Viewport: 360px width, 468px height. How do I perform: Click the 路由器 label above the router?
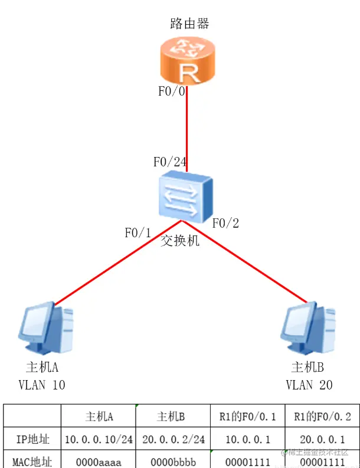pyautogui.click(x=189, y=24)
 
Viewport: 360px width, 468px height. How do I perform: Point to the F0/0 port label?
pyautogui.click(x=172, y=91)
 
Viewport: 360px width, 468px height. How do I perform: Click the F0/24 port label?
pyautogui.click(x=170, y=162)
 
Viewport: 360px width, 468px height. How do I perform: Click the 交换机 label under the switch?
pyautogui.click(x=180, y=241)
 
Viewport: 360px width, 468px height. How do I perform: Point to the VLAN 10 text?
pyautogui.click(x=42, y=385)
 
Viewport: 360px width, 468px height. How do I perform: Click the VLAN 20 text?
pyautogui.click(x=309, y=385)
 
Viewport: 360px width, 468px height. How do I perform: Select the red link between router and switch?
pyautogui.click(x=187, y=130)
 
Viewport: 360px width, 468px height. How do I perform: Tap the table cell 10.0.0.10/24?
pyautogui.click(x=99, y=440)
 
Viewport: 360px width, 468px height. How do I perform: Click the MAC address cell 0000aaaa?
pyautogui.click(x=99, y=460)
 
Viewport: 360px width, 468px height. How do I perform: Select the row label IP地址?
pyautogui.click(x=32, y=440)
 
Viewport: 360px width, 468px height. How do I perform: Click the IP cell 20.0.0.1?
pyautogui.click(x=322, y=440)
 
